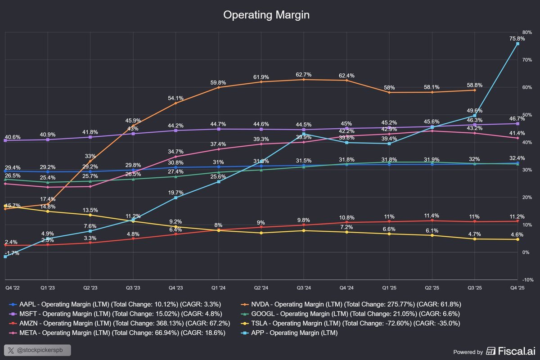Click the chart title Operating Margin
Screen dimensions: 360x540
(266, 15)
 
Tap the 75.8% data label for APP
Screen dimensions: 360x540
(517, 39)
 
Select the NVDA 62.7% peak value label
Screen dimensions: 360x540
(304, 74)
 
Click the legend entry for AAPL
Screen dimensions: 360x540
(117, 304)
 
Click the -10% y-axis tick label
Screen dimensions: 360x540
(527, 280)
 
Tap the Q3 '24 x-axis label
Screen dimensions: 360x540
(303, 287)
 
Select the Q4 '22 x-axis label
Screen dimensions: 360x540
(12, 287)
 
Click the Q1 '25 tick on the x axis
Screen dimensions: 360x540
(389, 287)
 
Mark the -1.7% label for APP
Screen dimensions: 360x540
(12, 253)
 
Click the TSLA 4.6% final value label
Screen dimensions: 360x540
(517, 234)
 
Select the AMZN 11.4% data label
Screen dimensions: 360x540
(432, 216)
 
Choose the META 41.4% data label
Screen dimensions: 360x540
(517, 134)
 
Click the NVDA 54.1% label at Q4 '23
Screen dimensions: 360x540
(175, 98)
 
